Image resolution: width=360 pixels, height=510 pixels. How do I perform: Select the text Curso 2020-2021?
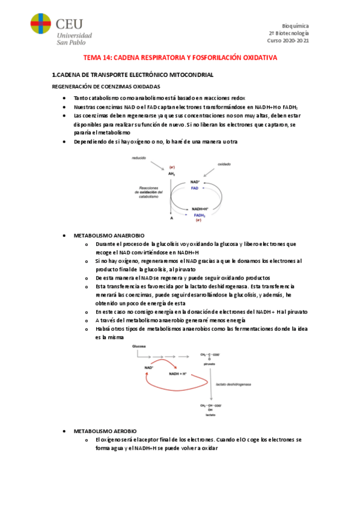click(288, 41)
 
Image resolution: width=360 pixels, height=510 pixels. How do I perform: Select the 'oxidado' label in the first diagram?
click(224, 164)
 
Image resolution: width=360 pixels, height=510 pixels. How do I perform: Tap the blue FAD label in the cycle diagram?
click(195, 188)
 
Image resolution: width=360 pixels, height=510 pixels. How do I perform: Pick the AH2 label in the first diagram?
click(171, 173)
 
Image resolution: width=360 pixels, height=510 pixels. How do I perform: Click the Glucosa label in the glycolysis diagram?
click(139, 347)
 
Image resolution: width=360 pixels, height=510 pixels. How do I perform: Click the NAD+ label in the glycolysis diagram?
click(148, 367)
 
